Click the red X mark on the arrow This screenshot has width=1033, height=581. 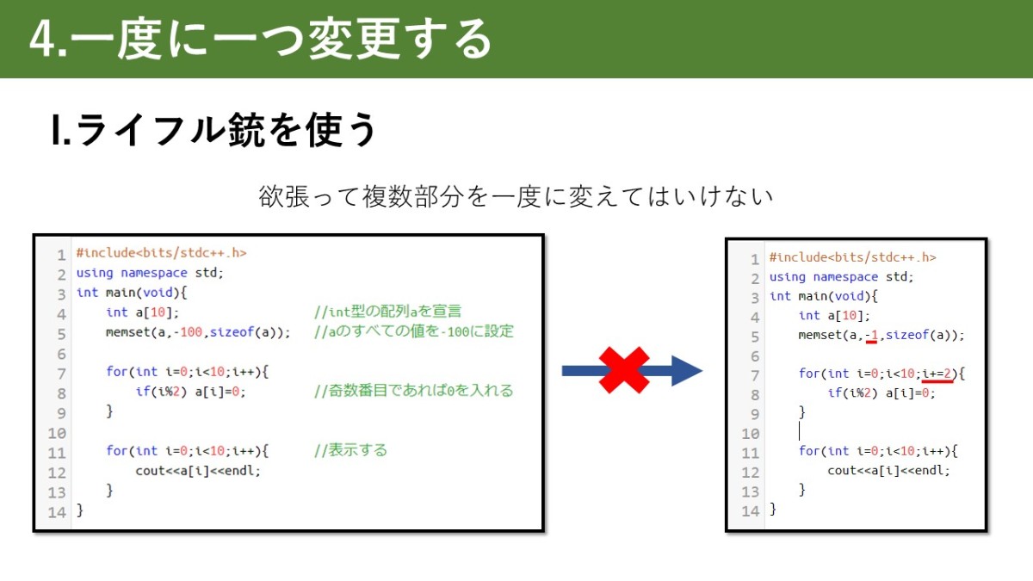coord(624,370)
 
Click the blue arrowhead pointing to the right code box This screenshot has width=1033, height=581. coord(687,370)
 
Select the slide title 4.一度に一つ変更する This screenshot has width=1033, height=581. coord(261,39)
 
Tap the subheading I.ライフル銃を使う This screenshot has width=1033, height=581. coord(213,130)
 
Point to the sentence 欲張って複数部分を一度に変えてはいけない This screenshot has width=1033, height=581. coord(516,196)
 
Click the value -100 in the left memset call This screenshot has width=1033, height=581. coord(188,332)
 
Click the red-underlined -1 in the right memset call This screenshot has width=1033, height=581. coord(871,335)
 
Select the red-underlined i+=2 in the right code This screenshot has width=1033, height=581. coord(937,374)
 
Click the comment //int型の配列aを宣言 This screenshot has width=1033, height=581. coord(387,312)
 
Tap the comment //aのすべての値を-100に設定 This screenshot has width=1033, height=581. coord(414,331)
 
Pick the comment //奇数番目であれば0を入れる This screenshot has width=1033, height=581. coord(414,391)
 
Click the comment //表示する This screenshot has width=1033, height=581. coord(350,450)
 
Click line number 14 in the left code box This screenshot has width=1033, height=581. coord(57,512)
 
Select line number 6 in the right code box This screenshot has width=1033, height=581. coord(755,356)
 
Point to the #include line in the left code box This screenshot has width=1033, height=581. coord(162,253)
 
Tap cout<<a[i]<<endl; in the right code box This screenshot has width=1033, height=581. coord(888,471)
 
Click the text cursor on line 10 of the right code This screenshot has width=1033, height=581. coord(799,432)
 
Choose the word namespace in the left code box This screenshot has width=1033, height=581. coord(154,273)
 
